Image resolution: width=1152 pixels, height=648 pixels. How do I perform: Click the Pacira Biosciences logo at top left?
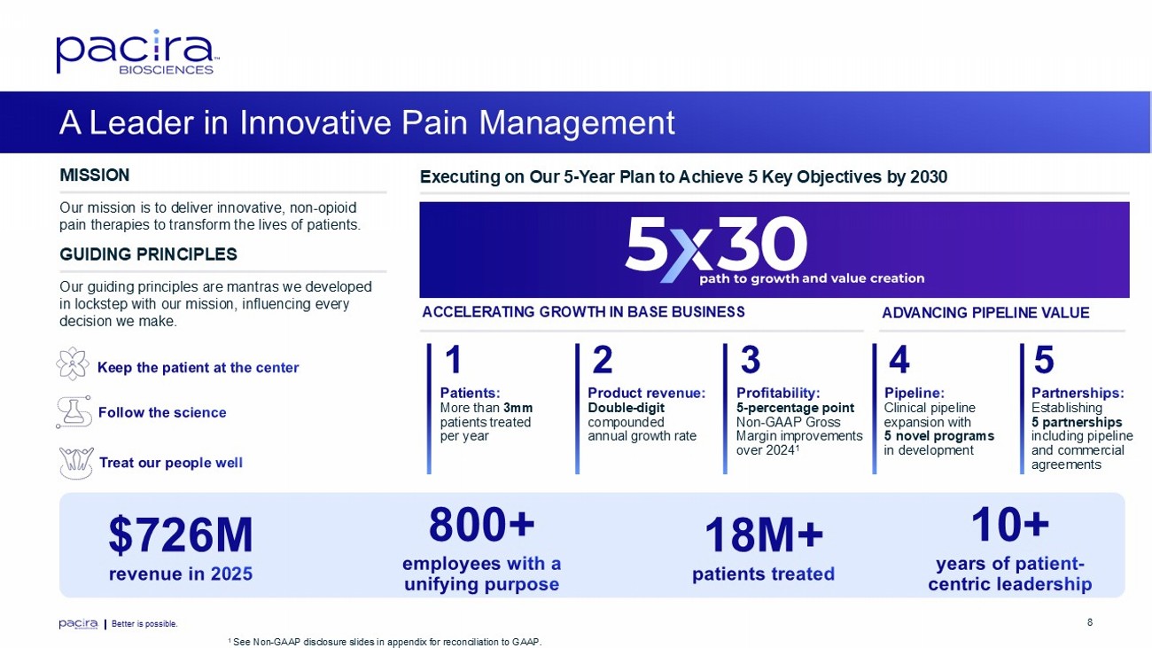point(138,52)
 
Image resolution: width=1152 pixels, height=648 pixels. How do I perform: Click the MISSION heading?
point(95,176)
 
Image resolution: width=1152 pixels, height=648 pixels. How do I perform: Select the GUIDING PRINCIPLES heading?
point(148,254)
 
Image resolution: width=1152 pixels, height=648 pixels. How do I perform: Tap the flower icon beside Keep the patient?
point(73,363)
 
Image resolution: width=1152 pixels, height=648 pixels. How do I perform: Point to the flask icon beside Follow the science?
point(74,412)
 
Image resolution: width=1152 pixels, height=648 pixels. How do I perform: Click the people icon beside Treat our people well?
point(76,463)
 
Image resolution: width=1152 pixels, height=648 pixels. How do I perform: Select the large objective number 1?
point(453,360)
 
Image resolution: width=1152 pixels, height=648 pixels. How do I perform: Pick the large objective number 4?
point(899,360)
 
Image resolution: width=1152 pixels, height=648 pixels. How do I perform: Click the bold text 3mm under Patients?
point(518,408)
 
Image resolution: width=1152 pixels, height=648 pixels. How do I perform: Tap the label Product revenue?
point(647,393)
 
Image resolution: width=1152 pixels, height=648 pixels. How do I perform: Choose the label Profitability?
point(778,393)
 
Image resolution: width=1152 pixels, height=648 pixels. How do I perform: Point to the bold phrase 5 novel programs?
point(939,436)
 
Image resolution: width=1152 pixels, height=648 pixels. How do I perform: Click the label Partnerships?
point(1078,393)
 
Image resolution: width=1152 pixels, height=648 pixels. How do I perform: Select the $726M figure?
point(181,535)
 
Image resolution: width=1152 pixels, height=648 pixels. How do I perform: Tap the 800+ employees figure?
point(482,525)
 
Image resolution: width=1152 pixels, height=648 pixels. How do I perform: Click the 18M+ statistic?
point(763,535)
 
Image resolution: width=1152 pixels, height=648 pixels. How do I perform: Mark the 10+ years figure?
point(1010,525)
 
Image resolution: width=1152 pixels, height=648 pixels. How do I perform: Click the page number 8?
point(1090,622)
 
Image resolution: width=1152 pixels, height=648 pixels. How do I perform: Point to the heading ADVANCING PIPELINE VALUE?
point(985,313)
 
